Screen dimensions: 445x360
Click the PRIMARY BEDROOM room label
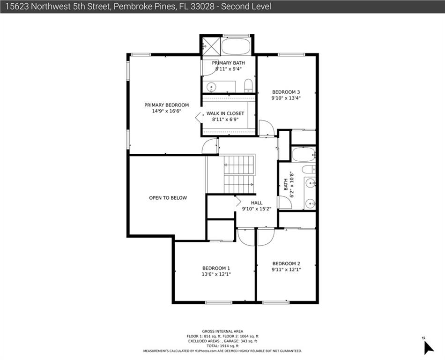pyautogui.click(x=167, y=105)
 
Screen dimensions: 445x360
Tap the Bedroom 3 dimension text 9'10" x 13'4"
pyautogui.click(x=286, y=98)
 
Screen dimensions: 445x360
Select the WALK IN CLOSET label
pyautogui.click(x=225, y=113)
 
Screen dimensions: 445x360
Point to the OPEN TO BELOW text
pyautogui.click(x=168, y=198)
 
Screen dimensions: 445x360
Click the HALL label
pyautogui.click(x=257, y=203)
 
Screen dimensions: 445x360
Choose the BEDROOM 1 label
pyautogui.click(x=216, y=268)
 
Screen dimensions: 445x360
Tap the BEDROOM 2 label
pyautogui.click(x=286, y=264)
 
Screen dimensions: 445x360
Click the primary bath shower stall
pyautogui.click(x=211, y=46)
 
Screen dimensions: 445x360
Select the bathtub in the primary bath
pyautogui.click(x=236, y=46)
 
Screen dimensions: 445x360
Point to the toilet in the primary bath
pyautogui.click(x=248, y=85)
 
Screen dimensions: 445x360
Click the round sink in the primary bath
pyautogui.click(x=211, y=87)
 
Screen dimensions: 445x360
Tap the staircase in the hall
pyautogui.click(x=239, y=174)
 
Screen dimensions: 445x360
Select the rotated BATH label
pyautogui.click(x=286, y=185)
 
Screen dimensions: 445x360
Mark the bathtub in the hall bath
pyautogui.click(x=304, y=154)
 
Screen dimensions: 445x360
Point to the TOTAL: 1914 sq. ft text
pyautogui.click(x=222, y=346)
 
